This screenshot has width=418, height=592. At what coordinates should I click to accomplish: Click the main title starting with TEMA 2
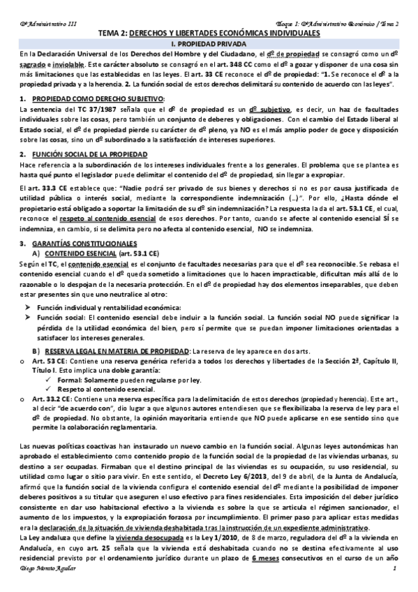point(209,33)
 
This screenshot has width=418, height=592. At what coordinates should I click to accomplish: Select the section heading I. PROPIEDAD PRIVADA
point(209,43)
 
